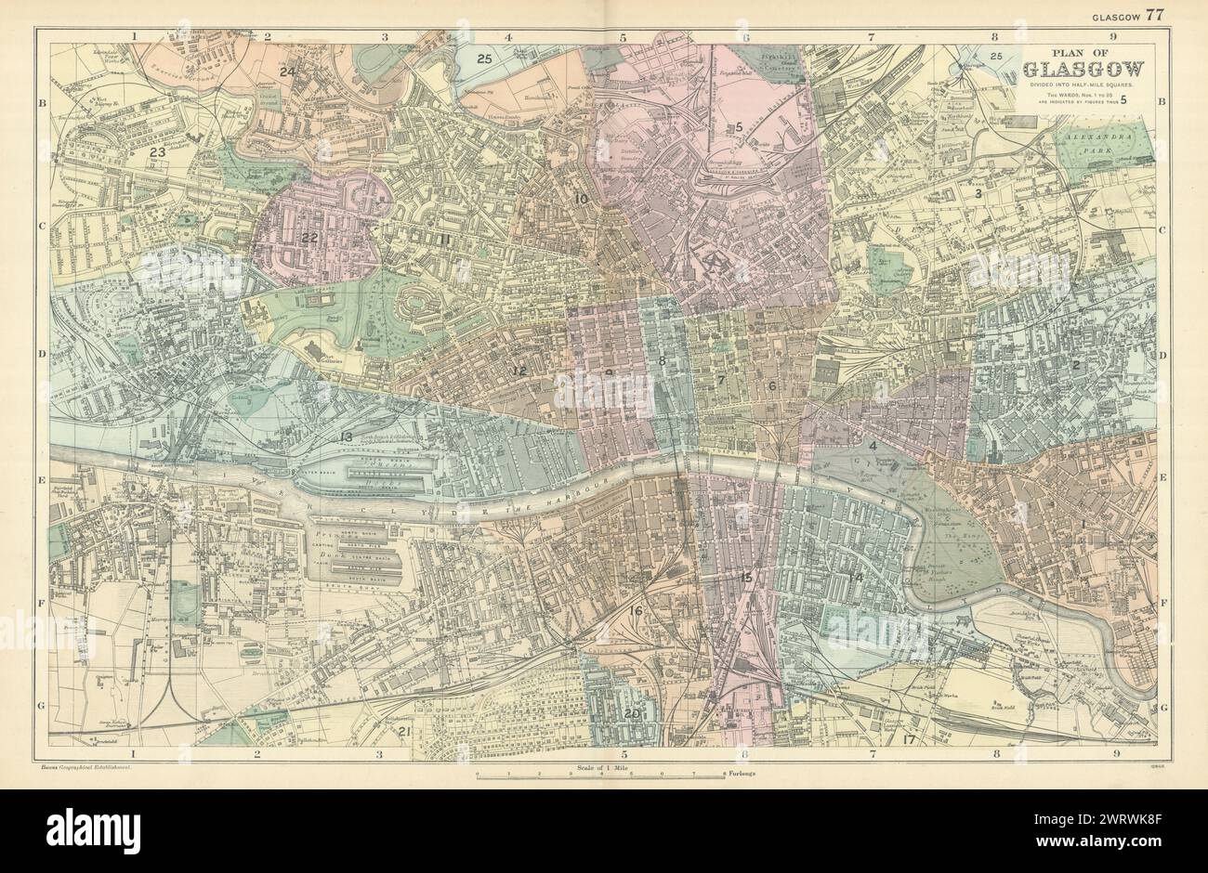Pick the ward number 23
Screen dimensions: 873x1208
(x=157, y=151)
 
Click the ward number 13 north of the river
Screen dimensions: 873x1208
(x=346, y=436)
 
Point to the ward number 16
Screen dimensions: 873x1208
(x=636, y=610)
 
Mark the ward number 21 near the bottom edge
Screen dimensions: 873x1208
(x=404, y=731)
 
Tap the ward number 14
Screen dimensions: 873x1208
(x=856, y=579)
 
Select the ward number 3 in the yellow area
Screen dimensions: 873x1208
(x=978, y=193)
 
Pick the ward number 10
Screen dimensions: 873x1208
(x=582, y=199)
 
